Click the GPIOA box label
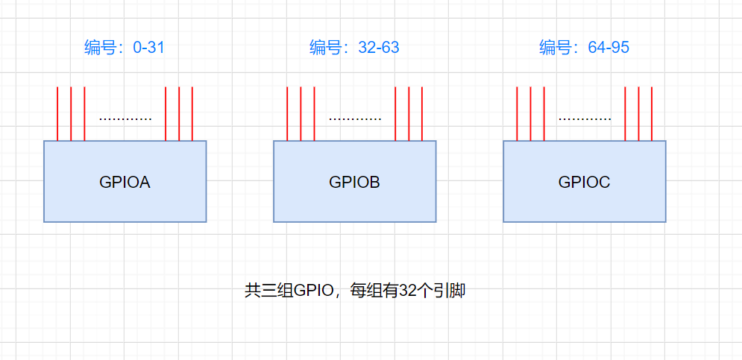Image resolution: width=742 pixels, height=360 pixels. [125, 182]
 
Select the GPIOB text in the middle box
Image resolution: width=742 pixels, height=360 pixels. [354, 182]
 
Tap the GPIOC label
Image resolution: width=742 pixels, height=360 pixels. [584, 182]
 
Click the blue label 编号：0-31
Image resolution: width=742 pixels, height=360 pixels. [124, 48]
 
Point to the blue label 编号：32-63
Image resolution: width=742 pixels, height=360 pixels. [354, 48]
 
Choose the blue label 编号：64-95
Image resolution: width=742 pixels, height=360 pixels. [584, 48]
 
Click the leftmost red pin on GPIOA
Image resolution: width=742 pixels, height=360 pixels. [57, 113]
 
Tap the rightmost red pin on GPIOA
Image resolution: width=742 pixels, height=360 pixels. [192, 113]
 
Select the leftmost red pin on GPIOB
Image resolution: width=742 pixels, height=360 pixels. [287, 113]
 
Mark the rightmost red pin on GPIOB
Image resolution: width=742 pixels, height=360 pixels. [422, 113]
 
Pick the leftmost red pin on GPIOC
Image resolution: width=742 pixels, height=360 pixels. [517, 113]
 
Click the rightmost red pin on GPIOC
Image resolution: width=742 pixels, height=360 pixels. [652, 113]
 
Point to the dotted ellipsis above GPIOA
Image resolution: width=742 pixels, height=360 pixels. [125, 119]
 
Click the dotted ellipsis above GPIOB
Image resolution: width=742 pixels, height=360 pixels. [355, 119]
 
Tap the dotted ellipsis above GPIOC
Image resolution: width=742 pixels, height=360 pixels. [585, 119]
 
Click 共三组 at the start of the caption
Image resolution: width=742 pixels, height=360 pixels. [268, 291]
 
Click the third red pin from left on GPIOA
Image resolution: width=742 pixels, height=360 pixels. [84, 113]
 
